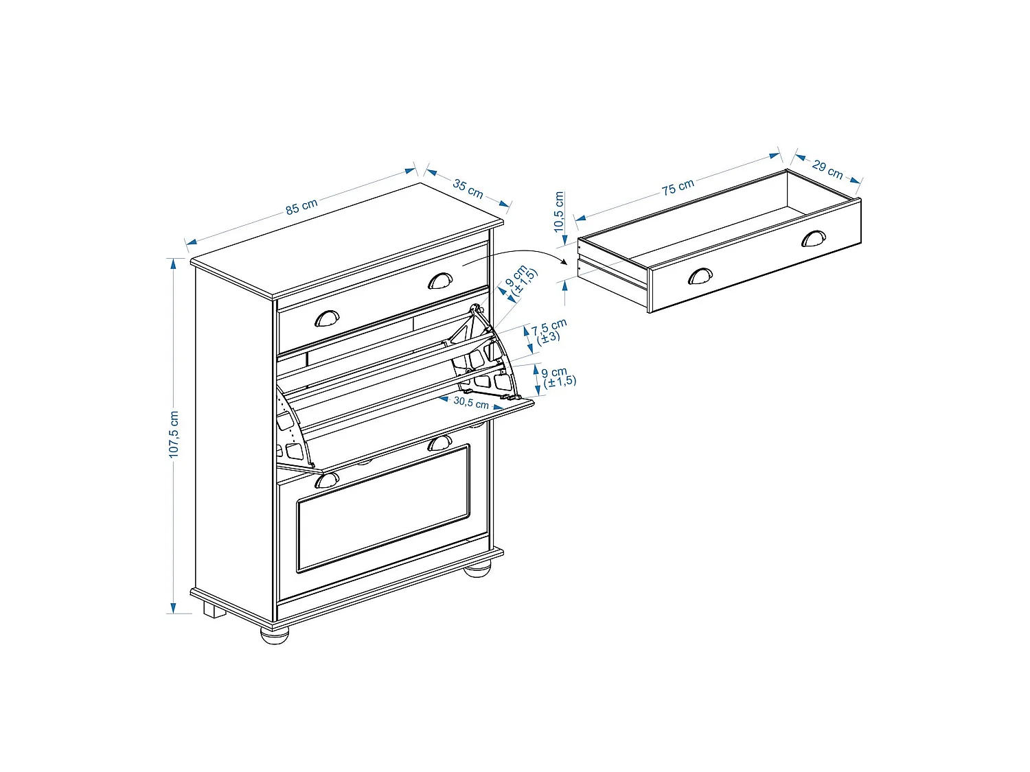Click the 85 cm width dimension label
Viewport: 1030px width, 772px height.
(x=301, y=206)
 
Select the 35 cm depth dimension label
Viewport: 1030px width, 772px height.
(x=468, y=188)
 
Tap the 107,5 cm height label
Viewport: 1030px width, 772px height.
(x=174, y=434)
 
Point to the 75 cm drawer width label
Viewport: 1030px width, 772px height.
(x=678, y=187)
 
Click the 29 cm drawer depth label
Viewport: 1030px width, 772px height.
(x=827, y=169)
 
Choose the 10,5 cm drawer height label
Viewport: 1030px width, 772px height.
(x=559, y=211)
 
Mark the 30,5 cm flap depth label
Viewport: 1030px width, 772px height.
(x=470, y=402)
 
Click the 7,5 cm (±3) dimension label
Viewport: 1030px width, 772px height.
(x=548, y=331)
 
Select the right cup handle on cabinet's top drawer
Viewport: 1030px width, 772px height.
(x=440, y=281)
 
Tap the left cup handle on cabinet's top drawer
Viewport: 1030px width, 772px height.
(x=327, y=318)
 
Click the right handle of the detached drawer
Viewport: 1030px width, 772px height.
(x=813, y=238)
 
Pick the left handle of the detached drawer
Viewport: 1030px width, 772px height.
(x=700, y=276)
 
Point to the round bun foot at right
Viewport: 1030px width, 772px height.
(x=477, y=569)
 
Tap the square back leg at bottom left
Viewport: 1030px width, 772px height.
(x=214, y=611)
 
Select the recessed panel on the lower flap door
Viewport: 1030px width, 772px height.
(x=383, y=508)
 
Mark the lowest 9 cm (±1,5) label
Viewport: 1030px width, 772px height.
(x=558, y=377)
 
